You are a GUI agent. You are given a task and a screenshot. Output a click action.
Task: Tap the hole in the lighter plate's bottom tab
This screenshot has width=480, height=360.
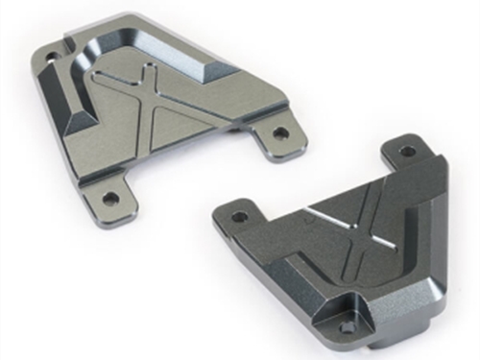[x=111, y=198]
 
